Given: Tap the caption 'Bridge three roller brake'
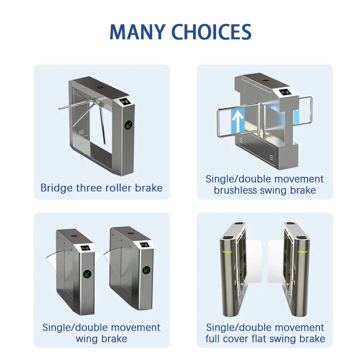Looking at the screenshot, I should [101, 188].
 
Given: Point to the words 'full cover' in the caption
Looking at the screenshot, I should [229, 338].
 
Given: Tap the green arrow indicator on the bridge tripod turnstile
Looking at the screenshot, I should [128, 124].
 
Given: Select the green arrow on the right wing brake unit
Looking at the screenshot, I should [147, 270].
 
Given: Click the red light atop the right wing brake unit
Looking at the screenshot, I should [131, 233].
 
